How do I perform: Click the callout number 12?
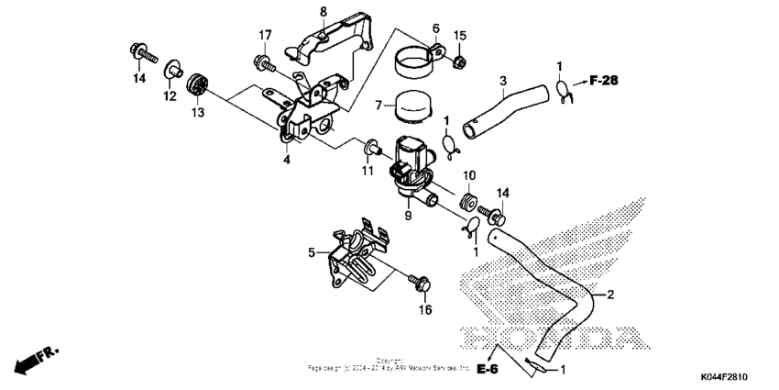point(170,95)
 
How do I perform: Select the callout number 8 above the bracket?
point(323,11)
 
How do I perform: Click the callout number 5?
point(312,251)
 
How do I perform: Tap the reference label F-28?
point(604,81)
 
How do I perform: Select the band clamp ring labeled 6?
point(416,66)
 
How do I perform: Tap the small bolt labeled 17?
point(260,63)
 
